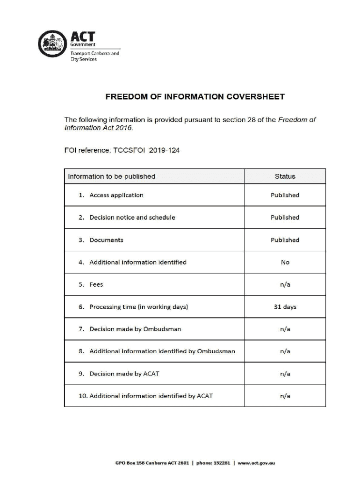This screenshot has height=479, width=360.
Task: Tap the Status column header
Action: (285, 176)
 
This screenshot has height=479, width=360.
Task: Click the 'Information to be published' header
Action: (111, 176)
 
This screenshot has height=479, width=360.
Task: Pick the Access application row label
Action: (116, 195)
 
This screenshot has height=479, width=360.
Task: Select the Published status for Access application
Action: (285, 195)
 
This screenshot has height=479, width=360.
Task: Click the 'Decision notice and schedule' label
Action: (132, 218)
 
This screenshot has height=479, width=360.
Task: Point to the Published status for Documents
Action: (285, 240)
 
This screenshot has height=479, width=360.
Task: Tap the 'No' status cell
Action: (285, 262)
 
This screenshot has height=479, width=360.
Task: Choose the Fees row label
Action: (96, 284)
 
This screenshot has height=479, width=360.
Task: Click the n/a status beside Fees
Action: (285, 284)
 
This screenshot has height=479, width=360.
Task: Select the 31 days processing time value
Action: (285, 307)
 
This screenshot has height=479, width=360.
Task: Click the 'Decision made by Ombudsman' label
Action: (135, 329)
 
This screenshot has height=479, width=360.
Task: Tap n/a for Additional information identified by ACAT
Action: (285, 396)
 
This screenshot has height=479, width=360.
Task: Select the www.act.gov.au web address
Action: (256, 463)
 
